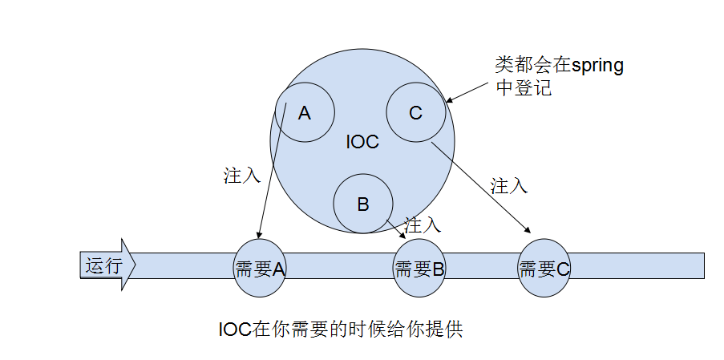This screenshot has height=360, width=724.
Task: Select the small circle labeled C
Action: pyautogui.click(x=415, y=113)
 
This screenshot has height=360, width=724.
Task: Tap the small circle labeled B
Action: pyautogui.click(x=362, y=204)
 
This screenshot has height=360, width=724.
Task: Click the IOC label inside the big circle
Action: pyautogui.click(x=362, y=142)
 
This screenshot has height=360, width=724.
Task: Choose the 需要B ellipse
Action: pyautogui.click(x=419, y=269)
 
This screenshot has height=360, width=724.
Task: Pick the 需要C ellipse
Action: pyautogui.click(x=544, y=269)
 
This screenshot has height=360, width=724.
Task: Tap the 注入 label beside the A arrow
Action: pyautogui.click(x=242, y=176)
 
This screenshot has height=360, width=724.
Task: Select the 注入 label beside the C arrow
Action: pyautogui.click(x=509, y=186)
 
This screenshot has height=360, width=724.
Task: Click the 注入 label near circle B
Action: pyautogui.click(x=423, y=224)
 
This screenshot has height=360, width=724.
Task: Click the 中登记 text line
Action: pyautogui.click(x=524, y=88)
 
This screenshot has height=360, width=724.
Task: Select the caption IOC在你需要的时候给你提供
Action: pyautogui.click(x=341, y=330)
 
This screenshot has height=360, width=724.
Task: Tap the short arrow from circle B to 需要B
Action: pyautogui.click(x=396, y=227)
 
